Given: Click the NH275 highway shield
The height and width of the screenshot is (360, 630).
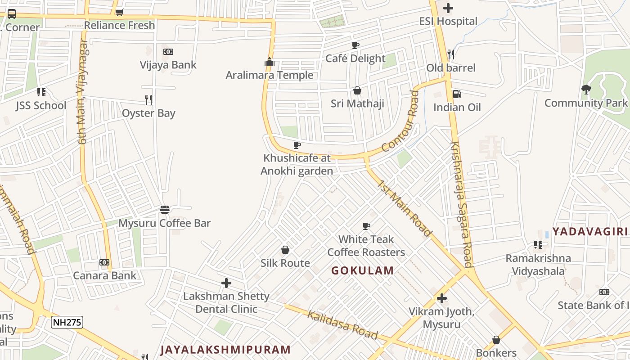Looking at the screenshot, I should (67, 322).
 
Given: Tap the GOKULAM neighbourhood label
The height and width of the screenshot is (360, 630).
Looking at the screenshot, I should (363, 270).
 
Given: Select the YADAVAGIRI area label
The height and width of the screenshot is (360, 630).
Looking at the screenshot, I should (589, 232).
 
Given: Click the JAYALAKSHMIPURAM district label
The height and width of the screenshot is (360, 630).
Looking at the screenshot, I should (225, 350).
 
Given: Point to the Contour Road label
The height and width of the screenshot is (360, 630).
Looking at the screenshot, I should (400, 121).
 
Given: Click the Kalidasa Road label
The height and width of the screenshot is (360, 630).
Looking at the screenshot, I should (342, 324).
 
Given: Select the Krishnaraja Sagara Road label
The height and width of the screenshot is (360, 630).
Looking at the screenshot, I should (462, 205).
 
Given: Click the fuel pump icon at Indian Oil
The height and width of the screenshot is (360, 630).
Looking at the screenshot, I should (456, 94).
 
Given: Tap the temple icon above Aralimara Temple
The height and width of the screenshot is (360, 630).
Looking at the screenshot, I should (270, 62).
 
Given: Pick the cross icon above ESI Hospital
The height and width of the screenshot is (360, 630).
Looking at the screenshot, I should (448, 8).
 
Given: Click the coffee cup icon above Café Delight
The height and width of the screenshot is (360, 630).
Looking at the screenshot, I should (355, 45).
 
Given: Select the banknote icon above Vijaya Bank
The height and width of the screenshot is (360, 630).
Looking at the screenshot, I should (168, 52).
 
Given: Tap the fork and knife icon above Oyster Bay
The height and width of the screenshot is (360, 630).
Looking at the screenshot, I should (148, 99).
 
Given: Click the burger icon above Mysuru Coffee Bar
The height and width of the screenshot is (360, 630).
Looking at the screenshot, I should (165, 210).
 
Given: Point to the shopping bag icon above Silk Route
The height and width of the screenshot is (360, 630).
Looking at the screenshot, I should (285, 250).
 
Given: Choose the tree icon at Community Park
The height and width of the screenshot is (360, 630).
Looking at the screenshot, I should (586, 90).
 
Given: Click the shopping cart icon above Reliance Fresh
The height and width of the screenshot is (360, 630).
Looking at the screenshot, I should (119, 12).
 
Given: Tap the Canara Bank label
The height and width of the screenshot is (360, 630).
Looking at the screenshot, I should (104, 275).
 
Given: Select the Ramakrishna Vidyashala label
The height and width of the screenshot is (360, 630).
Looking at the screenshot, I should (538, 265).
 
